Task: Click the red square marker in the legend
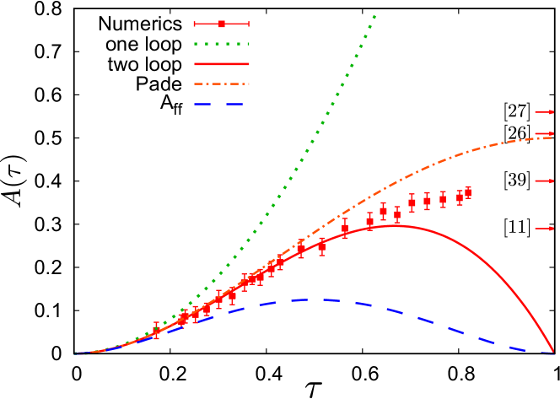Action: point(222,24)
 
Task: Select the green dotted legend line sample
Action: point(222,44)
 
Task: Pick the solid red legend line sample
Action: point(222,64)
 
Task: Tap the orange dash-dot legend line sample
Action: point(222,84)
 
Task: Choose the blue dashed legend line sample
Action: point(218,105)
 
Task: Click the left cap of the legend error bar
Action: point(195,24)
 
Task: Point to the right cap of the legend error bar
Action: point(249,24)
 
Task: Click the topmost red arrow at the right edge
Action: point(545,111)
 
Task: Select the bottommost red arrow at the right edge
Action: point(545,228)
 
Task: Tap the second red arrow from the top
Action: point(545,133)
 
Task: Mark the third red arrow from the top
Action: point(545,181)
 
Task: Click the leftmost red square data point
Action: point(156,332)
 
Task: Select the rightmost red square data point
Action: point(468,192)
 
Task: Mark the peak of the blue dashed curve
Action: point(314,299)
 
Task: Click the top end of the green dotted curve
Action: point(374,16)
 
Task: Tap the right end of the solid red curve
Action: point(553,351)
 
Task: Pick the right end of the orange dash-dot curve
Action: point(552,137)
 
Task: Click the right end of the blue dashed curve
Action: point(552,353)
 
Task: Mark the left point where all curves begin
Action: point(75,353)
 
